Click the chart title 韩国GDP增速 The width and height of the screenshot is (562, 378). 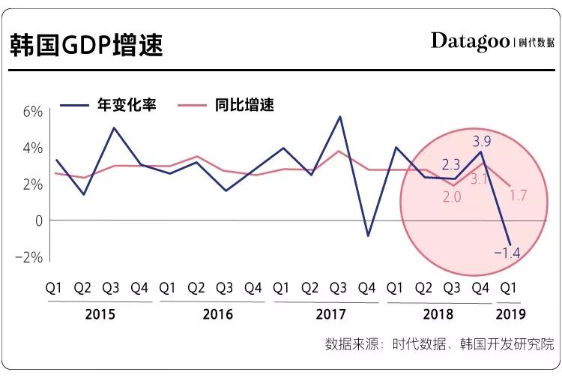(x=85, y=45)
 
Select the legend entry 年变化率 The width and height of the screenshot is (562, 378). (x=127, y=105)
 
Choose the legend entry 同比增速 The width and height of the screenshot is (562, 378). (x=245, y=105)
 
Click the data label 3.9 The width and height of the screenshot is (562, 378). (x=482, y=140)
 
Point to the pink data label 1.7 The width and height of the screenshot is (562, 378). (x=518, y=196)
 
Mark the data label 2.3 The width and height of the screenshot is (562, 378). (x=451, y=165)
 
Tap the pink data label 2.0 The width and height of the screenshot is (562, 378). (x=451, y=197)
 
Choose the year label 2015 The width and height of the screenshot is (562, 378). (x=100, y=313)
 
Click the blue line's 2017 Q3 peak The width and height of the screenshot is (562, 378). (x=340, y=116)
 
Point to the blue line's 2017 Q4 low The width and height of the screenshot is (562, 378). (x=367, y=235)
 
